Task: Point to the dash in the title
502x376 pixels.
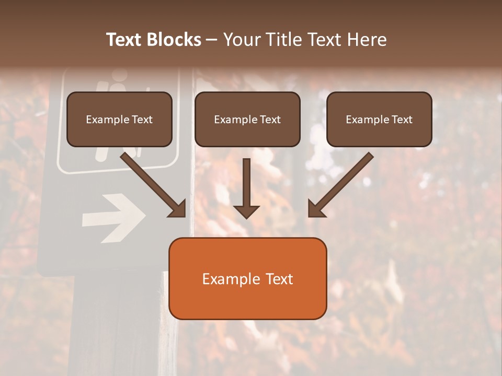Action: (212, 40)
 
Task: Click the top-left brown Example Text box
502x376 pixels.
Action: (119, 120)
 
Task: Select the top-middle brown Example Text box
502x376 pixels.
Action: (247, 120)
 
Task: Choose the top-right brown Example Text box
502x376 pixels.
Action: (379, 120)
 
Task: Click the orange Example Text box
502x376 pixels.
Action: (247, 279)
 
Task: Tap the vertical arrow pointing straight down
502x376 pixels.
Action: (246, 188)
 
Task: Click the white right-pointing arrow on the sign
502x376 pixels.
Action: (113, 218)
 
